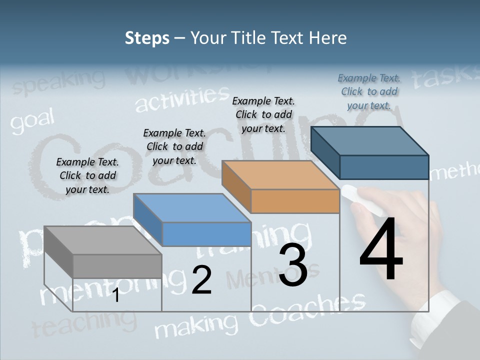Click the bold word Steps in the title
tap(147, 38)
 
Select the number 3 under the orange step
tap(293, 265)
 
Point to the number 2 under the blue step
tap(201, 280)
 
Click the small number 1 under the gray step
tap(115, 295)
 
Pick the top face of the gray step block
tap(102, 240)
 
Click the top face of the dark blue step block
tap(370, 141)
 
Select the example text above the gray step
tap(87, 175)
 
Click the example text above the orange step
tap(263, 114)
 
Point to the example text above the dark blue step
tap(369, 91)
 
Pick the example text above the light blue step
tap(174, 146)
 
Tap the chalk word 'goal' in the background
tap(32, 121)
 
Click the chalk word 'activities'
tap(182, 98)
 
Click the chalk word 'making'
tap(189, 326)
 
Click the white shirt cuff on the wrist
tap(433, 315)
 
